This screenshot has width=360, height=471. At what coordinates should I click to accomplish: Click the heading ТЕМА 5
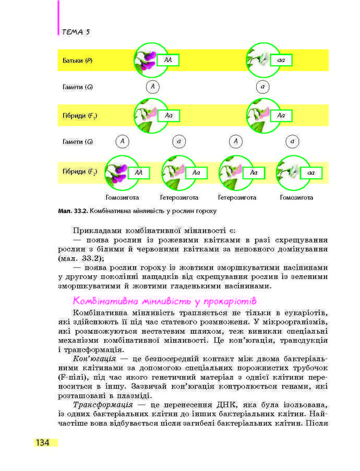76,32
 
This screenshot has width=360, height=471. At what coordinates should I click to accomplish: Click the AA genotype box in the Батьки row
167,61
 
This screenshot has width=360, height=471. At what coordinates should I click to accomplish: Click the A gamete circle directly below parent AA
152,87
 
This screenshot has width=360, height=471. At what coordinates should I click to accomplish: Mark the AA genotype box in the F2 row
138,172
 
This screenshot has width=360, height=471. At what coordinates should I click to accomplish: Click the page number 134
42,443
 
